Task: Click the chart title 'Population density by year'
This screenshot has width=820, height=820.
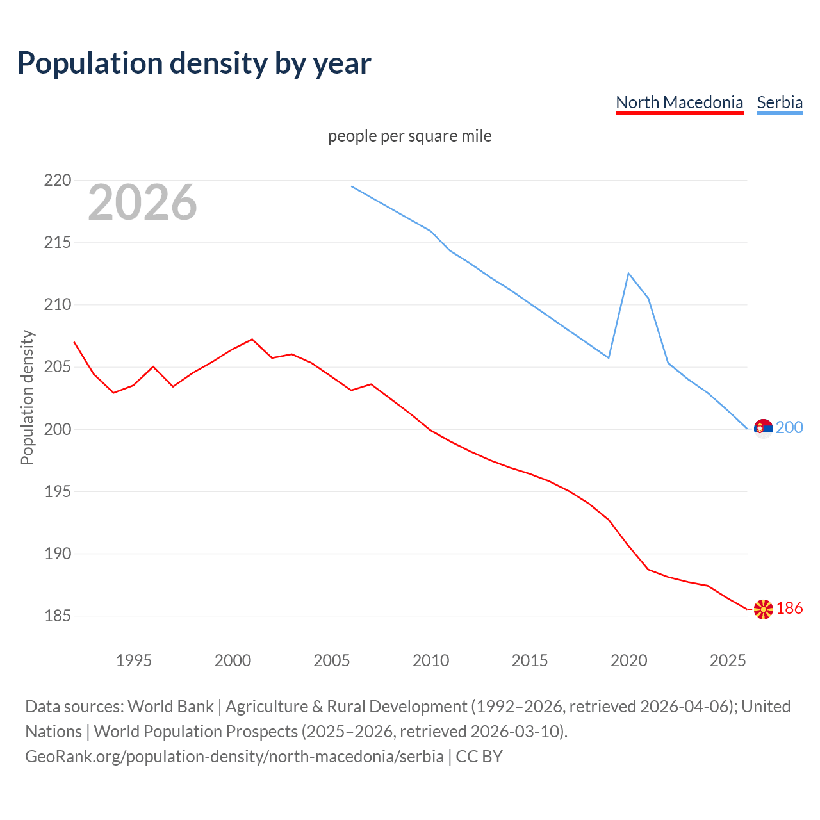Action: point(194,63)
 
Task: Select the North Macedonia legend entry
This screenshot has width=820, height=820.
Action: point(679,102)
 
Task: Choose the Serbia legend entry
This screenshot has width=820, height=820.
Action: point(780,102)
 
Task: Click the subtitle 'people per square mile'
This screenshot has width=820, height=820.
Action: point(410,136)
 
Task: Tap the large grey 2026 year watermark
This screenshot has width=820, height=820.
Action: point(142,202)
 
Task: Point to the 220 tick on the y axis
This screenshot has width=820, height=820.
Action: point(58,180)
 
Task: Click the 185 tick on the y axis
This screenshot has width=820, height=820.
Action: point(58,616)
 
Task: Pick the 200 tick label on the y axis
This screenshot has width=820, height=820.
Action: point(58,429)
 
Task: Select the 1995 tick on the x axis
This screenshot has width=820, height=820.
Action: point(134,660)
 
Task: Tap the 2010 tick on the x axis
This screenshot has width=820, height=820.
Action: point(430,660)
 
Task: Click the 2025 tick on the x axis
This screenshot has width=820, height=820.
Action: point(728,660)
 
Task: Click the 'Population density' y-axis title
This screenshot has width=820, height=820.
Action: point(27,397)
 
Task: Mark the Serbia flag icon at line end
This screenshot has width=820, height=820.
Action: point(763,428)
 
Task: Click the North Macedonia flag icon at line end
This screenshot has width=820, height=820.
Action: point(763,609)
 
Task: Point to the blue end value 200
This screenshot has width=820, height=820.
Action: point(789,428)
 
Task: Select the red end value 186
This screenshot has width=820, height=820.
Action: point(789,609)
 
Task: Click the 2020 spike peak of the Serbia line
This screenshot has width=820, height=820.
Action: point(628,274)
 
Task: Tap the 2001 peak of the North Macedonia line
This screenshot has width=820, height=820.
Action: point(252,339)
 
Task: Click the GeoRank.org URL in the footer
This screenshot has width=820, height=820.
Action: point(234,757)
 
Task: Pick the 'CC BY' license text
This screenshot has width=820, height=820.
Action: point(479,757)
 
